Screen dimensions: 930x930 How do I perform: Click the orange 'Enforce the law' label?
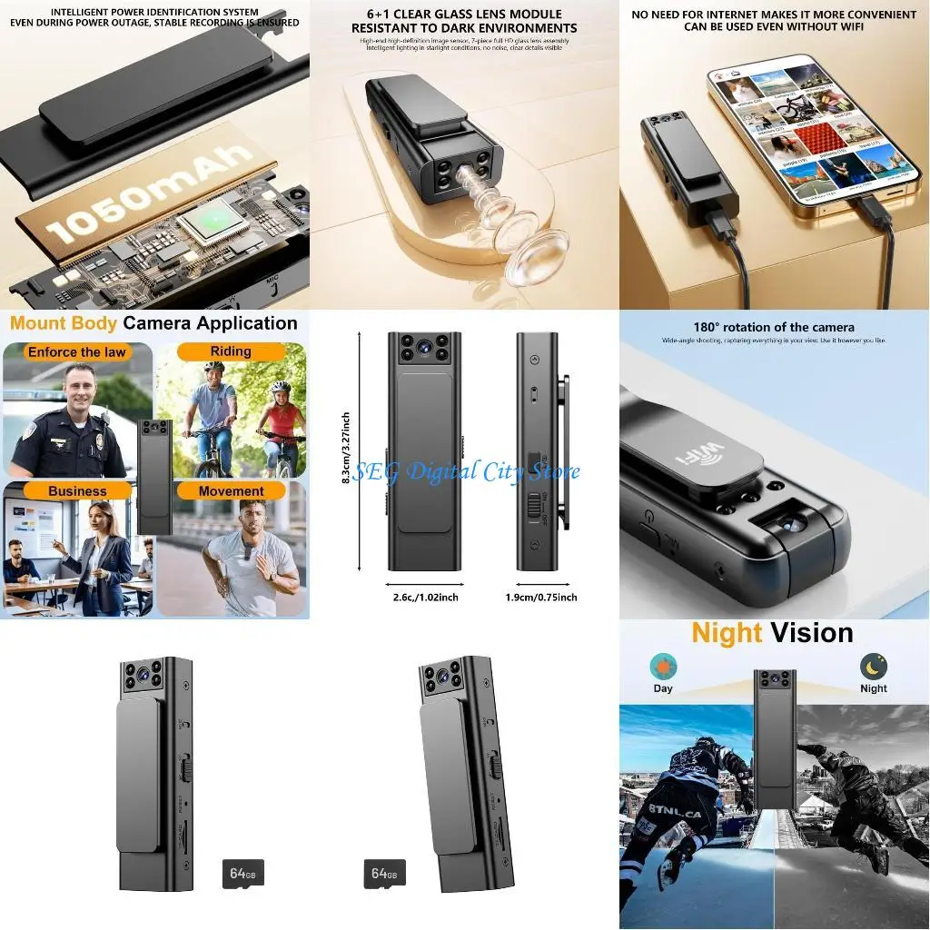77,352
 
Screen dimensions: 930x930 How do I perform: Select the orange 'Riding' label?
231,351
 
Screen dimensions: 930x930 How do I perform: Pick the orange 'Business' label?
77,491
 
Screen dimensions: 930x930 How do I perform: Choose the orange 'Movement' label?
231,491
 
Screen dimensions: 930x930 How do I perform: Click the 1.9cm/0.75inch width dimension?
541,597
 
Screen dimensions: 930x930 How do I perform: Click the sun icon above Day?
663,668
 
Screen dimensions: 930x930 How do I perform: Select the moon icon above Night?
874,668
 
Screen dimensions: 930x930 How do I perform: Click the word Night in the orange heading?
727,633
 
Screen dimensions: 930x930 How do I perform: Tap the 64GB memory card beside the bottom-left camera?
242,875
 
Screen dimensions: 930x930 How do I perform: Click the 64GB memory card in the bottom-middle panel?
384,875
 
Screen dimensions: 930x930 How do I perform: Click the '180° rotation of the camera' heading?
762,327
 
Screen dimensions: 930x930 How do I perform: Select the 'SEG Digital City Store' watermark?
465,471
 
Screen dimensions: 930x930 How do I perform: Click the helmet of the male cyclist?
213,367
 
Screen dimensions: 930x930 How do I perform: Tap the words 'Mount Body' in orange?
64,323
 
